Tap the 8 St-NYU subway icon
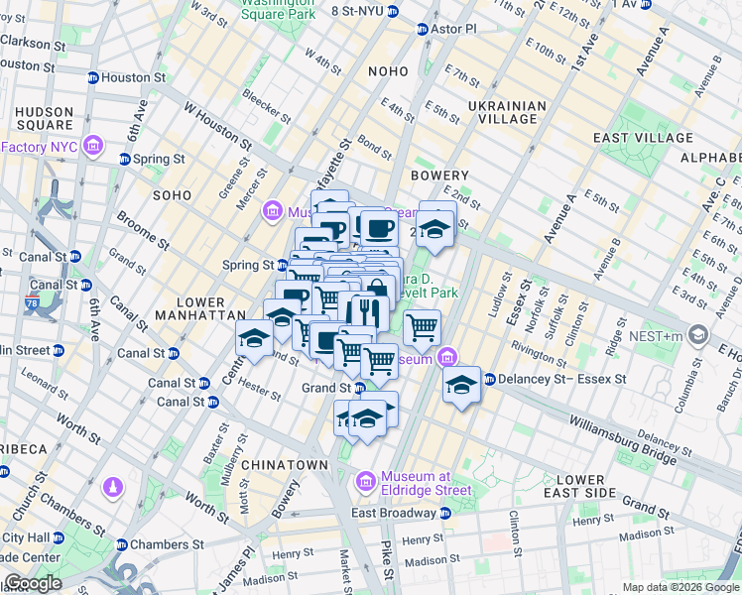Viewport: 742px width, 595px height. click(x=393, y=11)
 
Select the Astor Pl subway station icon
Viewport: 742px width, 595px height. click(x=423, y=29)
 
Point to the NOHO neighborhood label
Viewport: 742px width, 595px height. click(x=387, y=71)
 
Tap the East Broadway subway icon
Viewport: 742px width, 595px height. click(x=445, y=513)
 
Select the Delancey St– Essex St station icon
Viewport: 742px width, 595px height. click(x=490, y=379)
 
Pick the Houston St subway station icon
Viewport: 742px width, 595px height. click(x=94, y=77)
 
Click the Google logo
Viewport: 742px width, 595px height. click(x=32, y=583)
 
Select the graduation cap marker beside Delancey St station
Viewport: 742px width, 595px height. click(x=461, y=385)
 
